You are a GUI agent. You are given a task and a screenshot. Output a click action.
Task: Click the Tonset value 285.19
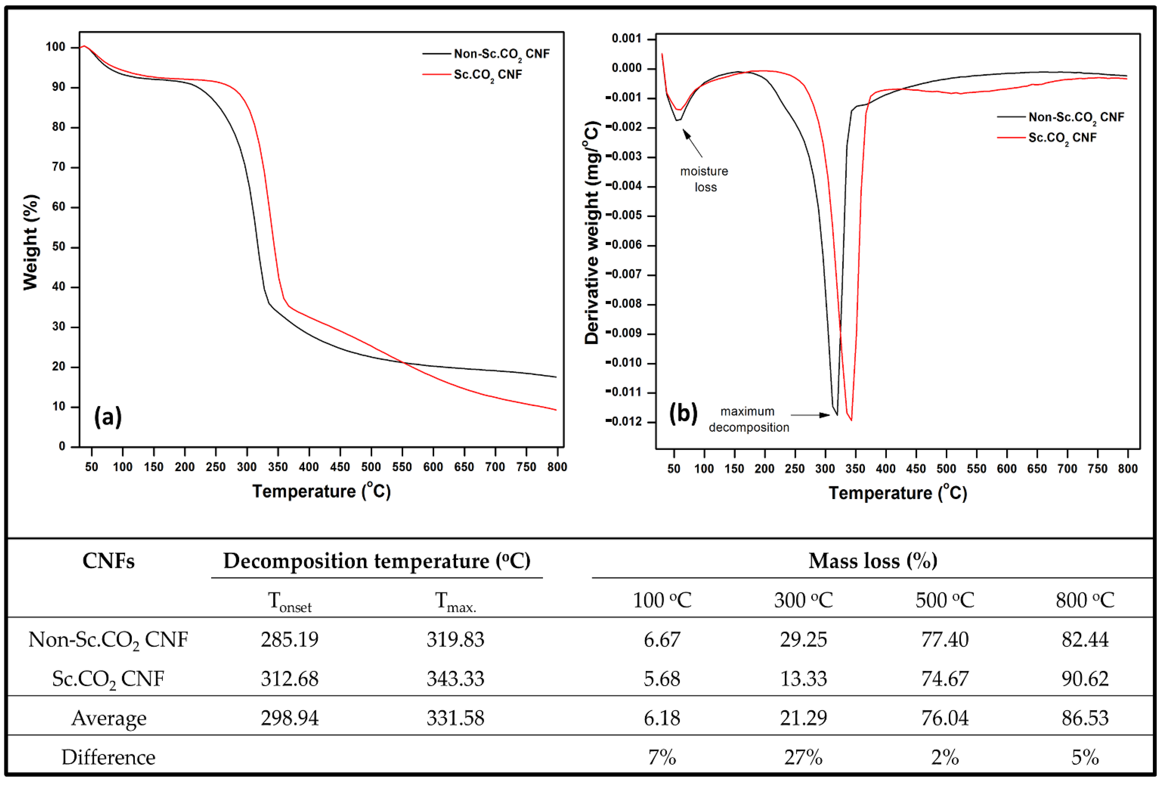pyautogui.click(x=290, y=639)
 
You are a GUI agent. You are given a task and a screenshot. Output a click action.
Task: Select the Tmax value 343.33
pyautogui.click(x=455, y=679)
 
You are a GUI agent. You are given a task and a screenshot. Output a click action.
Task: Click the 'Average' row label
pyautogui.click(x=109, y=718)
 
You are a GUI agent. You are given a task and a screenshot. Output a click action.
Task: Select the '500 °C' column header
pyautogui.click(x=944, y=600)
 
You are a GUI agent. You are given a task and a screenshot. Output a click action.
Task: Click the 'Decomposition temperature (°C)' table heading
pyautogui.click(x=377, y=561)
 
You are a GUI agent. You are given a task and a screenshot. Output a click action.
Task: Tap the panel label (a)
pyautogui.click(x=108, y=416)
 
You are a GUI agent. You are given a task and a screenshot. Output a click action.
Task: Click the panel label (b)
pyautogui.click(x=683, y=413)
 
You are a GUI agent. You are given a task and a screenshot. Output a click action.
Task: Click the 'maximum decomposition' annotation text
pyautogui.click(x=748, y=419)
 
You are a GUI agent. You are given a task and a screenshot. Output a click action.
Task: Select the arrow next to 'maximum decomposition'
pyautogui.click(x=810, y=415)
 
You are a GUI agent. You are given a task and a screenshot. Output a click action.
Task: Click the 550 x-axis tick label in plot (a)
pyautogui.click(x=402, y=467)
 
